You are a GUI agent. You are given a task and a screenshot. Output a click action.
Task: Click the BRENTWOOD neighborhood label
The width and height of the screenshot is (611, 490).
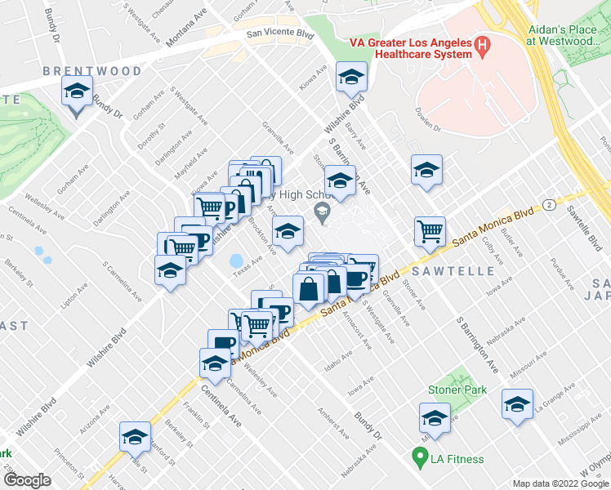click(x=92, y=71)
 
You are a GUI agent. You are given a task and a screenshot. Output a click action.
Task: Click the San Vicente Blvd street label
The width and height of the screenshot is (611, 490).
click(x=281, y=34)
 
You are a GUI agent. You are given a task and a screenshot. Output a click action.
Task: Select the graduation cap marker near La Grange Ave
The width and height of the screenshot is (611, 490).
click(x=516, y=404)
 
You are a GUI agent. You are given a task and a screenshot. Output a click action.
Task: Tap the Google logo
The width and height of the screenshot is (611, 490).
click(x=26, y=480)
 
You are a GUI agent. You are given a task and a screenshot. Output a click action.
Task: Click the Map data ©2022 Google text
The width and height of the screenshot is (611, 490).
click(x=560, y=483)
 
